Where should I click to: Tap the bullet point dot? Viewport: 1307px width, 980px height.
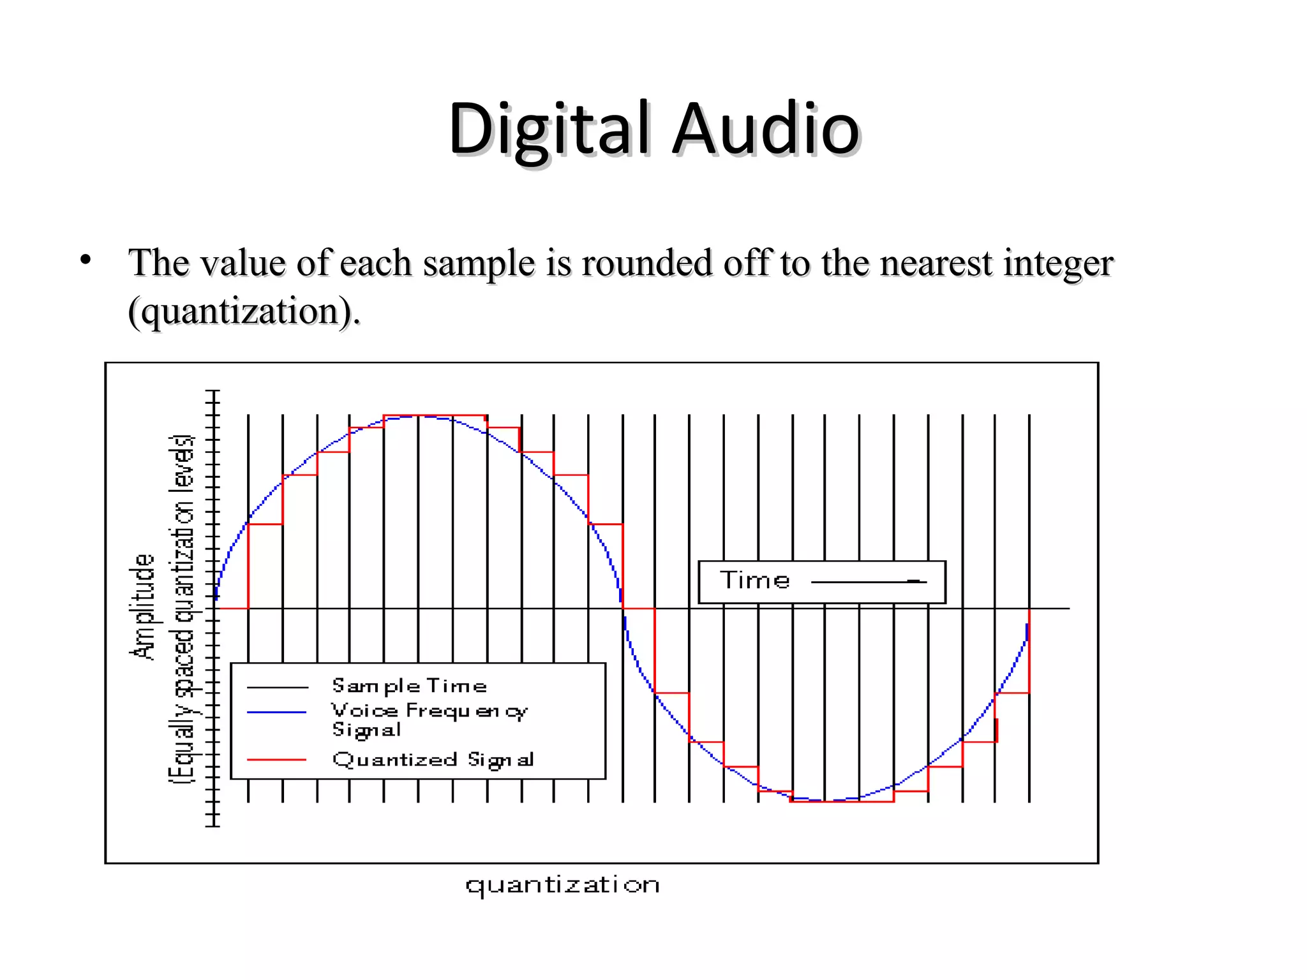tap(86, 260)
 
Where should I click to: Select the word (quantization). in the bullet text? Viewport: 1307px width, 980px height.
tap(244, 311)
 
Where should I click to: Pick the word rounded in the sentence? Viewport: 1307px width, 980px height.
tap(646, 264)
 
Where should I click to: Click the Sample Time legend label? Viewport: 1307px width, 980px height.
tap(409, 687)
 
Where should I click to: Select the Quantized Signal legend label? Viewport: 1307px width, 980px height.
tap(433, 760)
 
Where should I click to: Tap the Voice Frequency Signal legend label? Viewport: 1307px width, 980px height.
tap(429, 720)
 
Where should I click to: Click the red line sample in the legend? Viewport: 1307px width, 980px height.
tap(277, 760)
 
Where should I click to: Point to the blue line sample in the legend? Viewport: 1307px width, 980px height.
tap(277, 712)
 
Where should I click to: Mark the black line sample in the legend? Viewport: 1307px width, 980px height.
tap(277, 687)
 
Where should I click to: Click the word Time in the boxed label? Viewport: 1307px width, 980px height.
tap(755, 581)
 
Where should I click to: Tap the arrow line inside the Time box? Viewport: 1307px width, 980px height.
tap(868, 582)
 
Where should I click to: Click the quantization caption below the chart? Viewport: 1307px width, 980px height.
tap(562, 886)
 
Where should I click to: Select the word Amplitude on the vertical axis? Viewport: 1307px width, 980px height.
tap(142, 606)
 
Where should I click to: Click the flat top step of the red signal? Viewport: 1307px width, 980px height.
tap(435, 415)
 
